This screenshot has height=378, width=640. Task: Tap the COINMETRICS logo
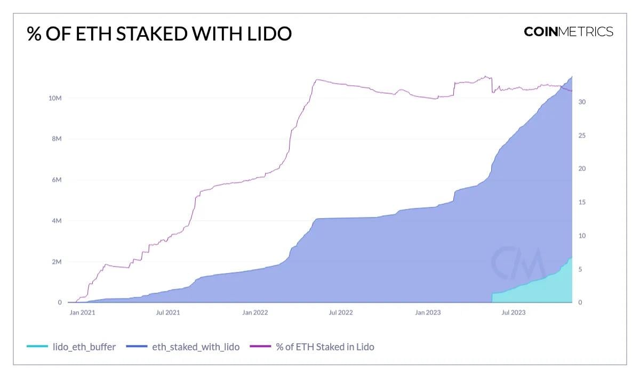[569, 31]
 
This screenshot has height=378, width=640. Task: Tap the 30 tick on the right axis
[582, 102]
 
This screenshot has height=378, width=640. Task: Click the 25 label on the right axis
[582, 135]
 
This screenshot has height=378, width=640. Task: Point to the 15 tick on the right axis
[582, 202]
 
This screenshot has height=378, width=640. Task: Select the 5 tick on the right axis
[581, 269]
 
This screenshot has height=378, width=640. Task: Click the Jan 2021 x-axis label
[82, 312]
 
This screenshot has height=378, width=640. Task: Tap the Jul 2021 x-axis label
[167, 312]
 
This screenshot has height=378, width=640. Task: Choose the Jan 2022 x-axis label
[254, 312]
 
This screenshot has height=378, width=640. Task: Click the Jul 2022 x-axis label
[340, 312]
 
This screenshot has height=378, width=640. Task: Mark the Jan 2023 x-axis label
[428, 312]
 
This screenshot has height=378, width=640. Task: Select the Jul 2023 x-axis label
[513, 312]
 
